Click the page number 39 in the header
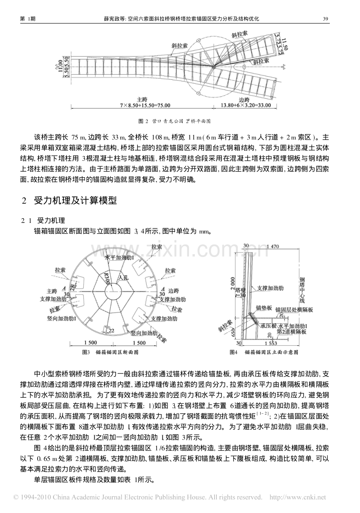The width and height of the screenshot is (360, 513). coord(325,18)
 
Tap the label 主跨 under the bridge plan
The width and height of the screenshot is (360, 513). coord(141,99)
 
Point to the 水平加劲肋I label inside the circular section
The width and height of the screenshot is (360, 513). coord(120,258)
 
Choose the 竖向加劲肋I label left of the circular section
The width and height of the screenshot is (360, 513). coord(63,319)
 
